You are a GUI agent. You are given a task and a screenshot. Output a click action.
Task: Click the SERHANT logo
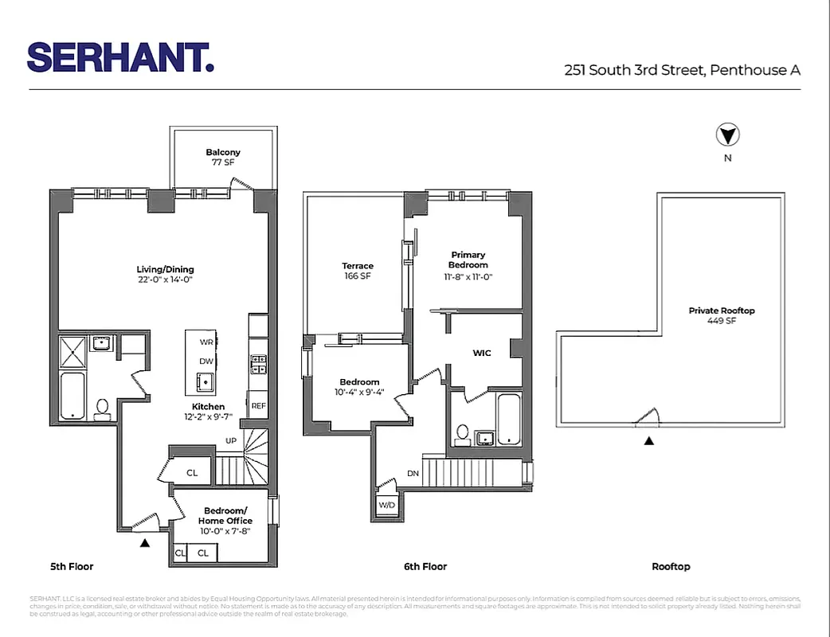[x=120, y=57]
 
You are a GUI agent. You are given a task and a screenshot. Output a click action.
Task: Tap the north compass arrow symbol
[x=727, y=135]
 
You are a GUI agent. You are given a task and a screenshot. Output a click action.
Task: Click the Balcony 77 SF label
[x=223, y=157]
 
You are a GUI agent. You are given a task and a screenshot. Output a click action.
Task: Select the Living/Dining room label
[x=165, y=274]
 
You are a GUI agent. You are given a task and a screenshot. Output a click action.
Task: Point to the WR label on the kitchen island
[x=206, y=342]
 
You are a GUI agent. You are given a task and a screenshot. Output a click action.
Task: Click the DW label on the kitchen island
[x=206, y=361]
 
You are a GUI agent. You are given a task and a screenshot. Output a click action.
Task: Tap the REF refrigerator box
[x=258, y=405]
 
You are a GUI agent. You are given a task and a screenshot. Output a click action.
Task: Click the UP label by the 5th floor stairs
[x=231, y=440]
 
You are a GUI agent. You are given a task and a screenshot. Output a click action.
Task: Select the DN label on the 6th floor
[x=413, y=473]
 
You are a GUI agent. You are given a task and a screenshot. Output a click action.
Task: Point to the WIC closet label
[x=482, y=353]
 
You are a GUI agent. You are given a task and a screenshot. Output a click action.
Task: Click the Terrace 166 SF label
[x=358, y=271]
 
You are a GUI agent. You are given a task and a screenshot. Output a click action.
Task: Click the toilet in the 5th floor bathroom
[x=102, y=409]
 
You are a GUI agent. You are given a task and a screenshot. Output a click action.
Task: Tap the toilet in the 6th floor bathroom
[x=461, y=435]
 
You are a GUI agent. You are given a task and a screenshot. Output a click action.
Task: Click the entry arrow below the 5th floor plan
[x=145, y=543]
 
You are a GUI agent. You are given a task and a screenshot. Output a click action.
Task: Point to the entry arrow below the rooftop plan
[x=649, y=440]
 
